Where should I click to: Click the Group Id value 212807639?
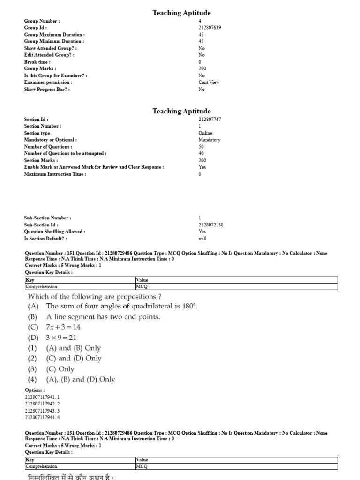click(x=210, y=28)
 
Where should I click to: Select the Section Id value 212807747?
click(x=210, y=119)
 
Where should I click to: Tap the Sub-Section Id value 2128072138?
click(x=211, y=225)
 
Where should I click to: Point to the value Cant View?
click(x=209, y=82)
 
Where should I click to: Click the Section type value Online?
click(x=205, y=133)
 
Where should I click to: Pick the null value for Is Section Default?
click(x=202, y=238)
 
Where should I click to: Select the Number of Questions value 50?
click(x=201, y=146)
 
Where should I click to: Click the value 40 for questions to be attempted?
click(x=201, y=153)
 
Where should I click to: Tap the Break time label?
click(x=37, y=62)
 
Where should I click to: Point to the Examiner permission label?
click(x=48, y=82)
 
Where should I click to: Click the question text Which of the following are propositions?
click(x=95, y=296)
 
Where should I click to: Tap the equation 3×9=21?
click(x=61, y=337)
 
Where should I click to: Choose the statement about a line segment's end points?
click(x=103, y=317)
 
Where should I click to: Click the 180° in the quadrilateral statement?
click(x=189, y=307)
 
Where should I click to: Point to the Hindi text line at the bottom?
click(x=70, y=476)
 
